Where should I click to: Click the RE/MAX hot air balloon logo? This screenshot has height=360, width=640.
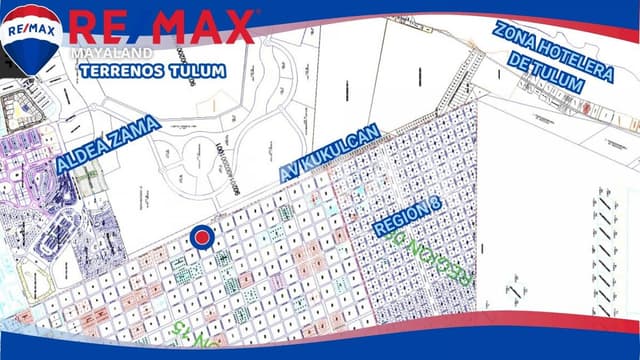[x=32, y=38]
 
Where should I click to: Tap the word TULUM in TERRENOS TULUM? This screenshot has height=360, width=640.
[x=194, y=72]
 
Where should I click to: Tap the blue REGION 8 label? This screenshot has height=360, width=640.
[x=408, y=213]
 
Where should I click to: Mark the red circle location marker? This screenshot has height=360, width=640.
[x=201, y=238]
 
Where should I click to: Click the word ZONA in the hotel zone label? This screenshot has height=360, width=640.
[x=515, y=35]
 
